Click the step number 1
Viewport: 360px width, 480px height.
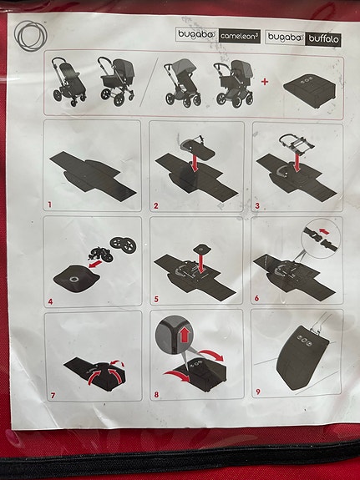[x=49, y=203]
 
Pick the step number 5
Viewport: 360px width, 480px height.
[x=156, y=297]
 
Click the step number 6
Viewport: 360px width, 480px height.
[x=257, y=297]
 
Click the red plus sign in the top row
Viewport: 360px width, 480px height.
[x=265, y=82]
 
